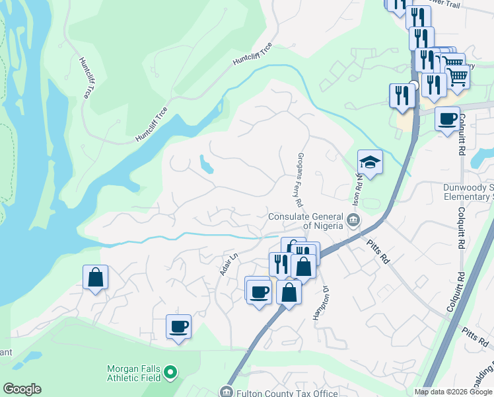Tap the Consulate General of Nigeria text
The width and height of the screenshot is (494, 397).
coord(306,221)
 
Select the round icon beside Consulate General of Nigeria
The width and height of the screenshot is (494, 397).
coord(354,220)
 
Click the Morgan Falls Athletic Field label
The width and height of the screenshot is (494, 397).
coord(135,373)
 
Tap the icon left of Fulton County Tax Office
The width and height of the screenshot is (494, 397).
coord(227,392)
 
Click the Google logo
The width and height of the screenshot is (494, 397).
coord(22,389)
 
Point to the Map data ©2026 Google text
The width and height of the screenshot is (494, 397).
coord(452,392)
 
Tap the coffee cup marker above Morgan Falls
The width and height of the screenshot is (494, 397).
coord(178,326)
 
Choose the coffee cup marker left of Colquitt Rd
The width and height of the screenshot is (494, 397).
coord(448,119)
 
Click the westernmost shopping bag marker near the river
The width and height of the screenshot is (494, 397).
coord(96,277)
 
